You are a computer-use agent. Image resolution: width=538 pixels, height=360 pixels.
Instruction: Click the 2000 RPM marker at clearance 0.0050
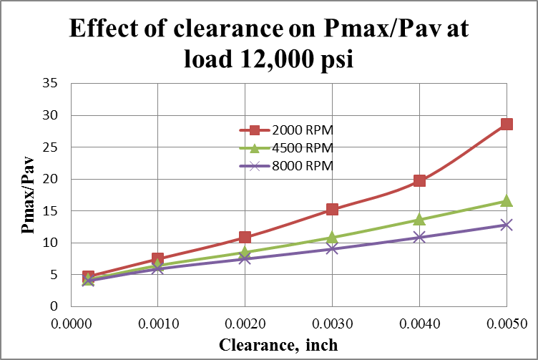pyautogui.click(x=507, y=124)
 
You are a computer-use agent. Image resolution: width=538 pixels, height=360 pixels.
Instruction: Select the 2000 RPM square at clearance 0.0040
pyautogui.click(x=419, y=180)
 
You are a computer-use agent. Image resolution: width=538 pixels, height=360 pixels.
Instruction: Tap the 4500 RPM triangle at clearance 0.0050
pyautogui.click(x=507, y=201)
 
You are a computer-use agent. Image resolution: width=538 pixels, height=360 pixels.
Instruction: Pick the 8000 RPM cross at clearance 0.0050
pyautogui.click(x=507, y=225)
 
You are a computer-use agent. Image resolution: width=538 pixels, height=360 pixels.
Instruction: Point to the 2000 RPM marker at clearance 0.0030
pyautogui.click(x=333, y=209)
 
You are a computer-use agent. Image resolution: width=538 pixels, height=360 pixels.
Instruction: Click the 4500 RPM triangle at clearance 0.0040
pyautogui.click(x=419, y=219)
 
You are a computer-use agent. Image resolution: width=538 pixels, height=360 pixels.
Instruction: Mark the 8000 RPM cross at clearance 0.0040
pyautogui.click(x=419, y=237)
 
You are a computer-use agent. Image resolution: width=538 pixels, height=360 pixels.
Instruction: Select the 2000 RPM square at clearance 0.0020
pyautogui.click(x=245, y=237)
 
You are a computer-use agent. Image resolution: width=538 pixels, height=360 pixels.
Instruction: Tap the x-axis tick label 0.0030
pyautogui.click(x=333, y=323)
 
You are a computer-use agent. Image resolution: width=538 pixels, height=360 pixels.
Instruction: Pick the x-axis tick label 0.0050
pyautogui.click(x=507, y=323)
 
